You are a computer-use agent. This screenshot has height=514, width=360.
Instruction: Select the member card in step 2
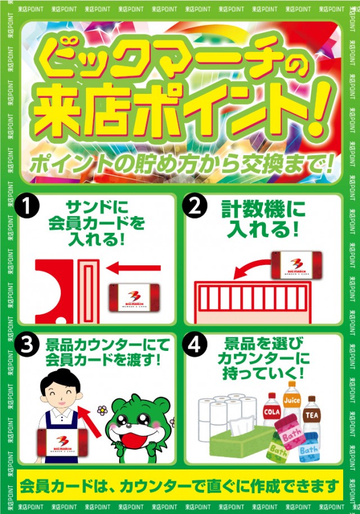coord(296,264)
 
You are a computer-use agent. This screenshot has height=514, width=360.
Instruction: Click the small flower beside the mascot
coord(102,411)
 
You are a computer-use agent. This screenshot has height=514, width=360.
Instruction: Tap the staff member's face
coord(61,394)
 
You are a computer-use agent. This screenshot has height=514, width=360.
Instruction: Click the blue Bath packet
coord(309,450)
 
